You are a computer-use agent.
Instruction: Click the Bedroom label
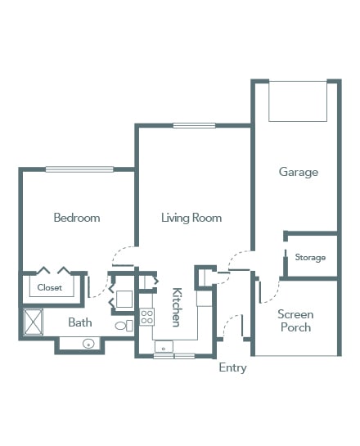pos(77,218)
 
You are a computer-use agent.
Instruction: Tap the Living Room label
pos(191,218)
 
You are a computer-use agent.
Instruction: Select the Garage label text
pos(299,172)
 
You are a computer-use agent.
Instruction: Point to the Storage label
pos(310,258)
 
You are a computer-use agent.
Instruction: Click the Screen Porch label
pos(295,321)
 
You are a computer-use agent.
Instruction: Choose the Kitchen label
pos(177,307)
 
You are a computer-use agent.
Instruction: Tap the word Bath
pos(80,322)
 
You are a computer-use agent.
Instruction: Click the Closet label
pos(49,287)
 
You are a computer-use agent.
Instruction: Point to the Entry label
pos(232,367)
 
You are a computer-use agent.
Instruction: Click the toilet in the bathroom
pos(124,326)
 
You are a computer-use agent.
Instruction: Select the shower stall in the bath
pos(34,322)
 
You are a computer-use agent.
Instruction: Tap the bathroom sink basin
pos(88,344)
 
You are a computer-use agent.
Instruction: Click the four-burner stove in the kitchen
pos(146,317)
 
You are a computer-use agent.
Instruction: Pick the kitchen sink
pos(164,347)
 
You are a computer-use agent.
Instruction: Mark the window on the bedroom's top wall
pos(79,169)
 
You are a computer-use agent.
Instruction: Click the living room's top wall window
pos(194,125)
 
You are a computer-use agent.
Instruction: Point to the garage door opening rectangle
pos(298,101)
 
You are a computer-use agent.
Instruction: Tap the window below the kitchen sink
pos(174,356)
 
